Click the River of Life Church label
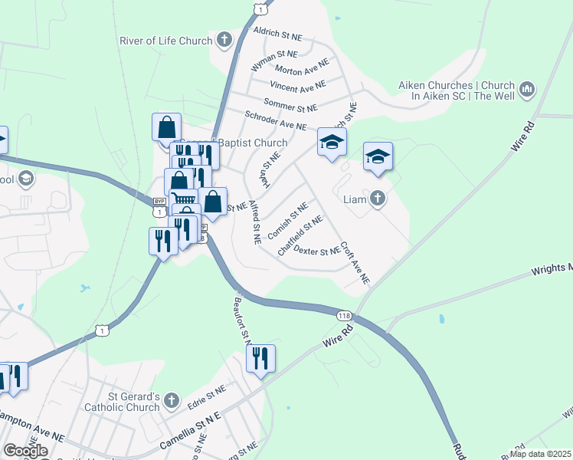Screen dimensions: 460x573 click(165, 41)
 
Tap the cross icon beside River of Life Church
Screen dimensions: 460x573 click(224, 40)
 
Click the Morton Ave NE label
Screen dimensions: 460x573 click(302, 70)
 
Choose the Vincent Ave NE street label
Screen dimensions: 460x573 click(297, 86)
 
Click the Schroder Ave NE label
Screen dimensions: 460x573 click(275, 120)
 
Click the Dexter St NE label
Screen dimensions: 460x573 click(317, 251)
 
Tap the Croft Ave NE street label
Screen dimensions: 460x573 click(355, 265)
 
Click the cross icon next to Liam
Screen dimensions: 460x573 click(377, 199)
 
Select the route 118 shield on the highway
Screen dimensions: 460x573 click(344, 316)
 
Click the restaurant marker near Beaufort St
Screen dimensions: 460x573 click(260, 358)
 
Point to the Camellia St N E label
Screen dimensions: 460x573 click(190, 431)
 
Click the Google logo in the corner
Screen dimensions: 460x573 click(25, 451)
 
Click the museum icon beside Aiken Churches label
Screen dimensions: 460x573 click(527, 90)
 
